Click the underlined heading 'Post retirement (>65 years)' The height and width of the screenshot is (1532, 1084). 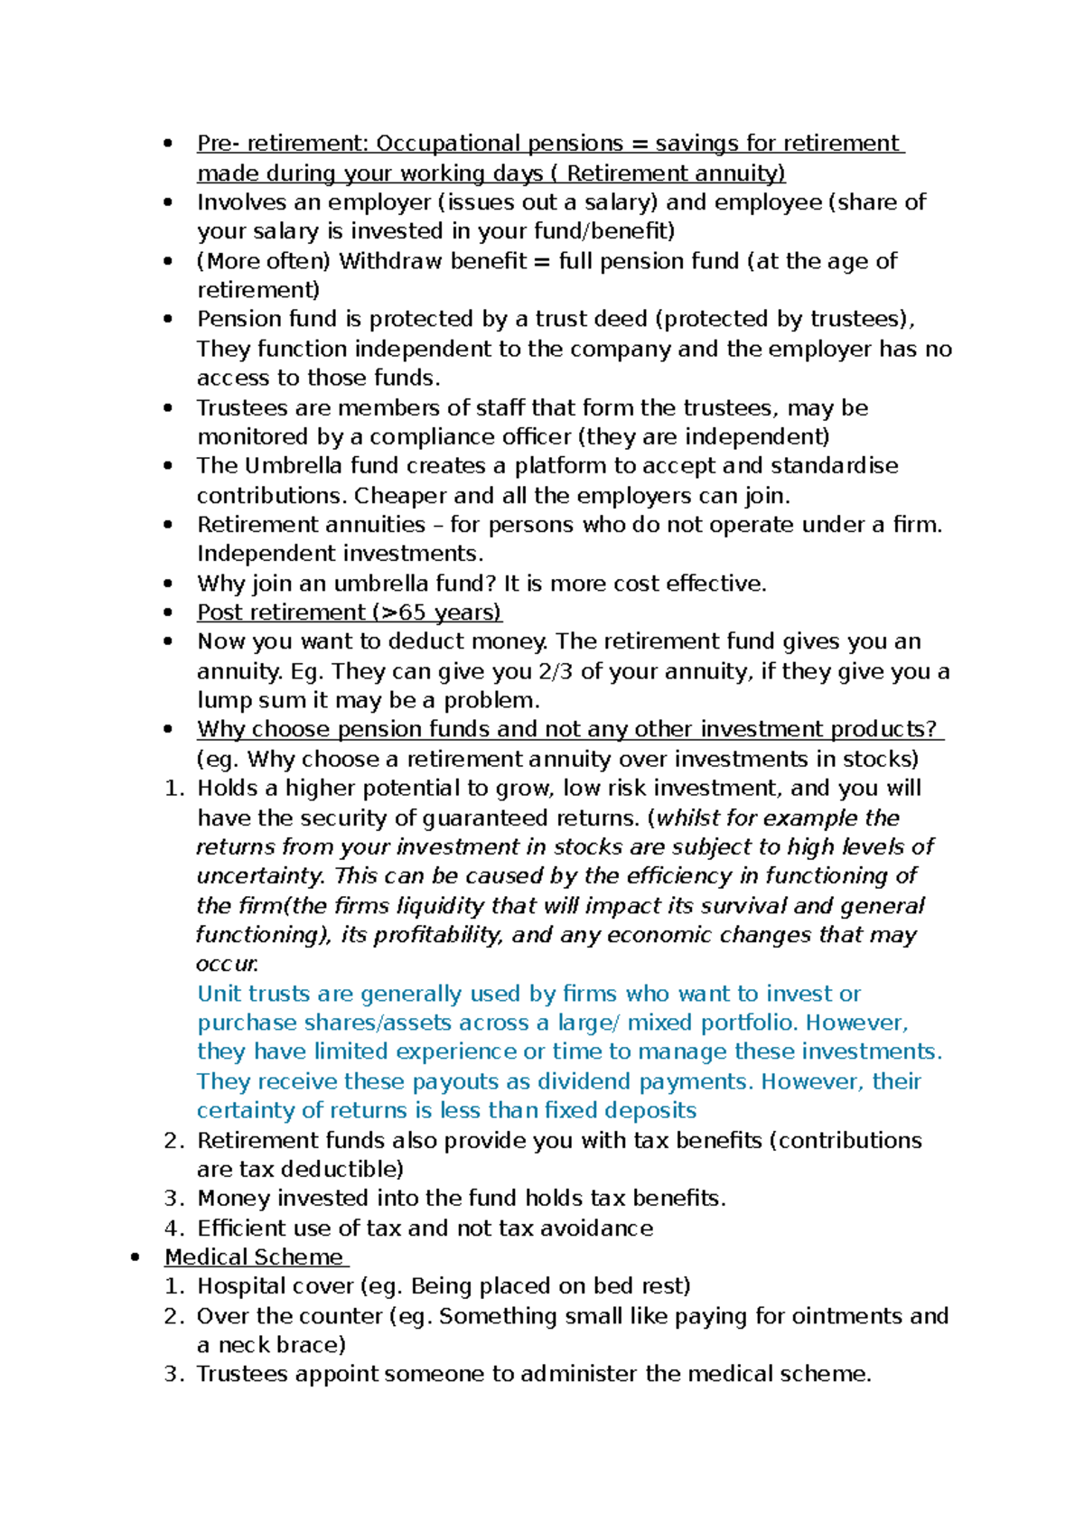349,612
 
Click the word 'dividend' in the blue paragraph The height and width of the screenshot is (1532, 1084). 585,1081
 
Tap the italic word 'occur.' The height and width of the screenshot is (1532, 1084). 227,964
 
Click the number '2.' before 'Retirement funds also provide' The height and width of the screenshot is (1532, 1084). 174,1140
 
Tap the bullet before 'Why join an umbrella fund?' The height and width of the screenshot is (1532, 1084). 168,584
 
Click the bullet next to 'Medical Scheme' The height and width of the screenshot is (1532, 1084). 135,1257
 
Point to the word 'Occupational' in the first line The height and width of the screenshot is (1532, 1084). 448,144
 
